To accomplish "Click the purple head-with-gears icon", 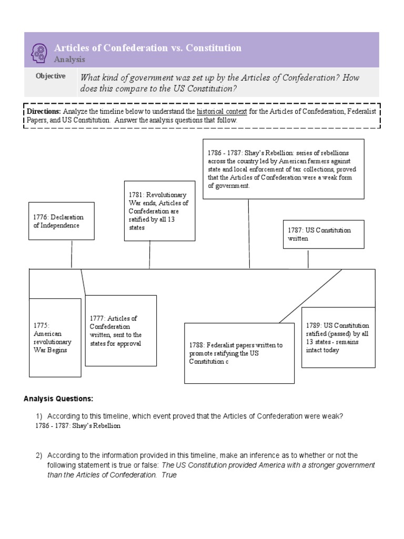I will [x=40, y=51].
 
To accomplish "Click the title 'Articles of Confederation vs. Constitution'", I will [x=148, y=48].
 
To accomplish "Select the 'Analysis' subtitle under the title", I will [x=69, y=59].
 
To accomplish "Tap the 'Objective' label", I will [x=50, y=76].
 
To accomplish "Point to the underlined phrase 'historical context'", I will [x=221, y=112].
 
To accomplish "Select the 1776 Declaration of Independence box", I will [x=62, y=221].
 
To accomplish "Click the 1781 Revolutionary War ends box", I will [x=152, y=211].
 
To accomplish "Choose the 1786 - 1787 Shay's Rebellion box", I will [x=283, y=169].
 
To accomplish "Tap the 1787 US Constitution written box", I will [x=323, y=234].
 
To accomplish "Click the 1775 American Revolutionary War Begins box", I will [x=55, y=337].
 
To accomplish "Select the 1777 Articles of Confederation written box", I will [x=120, y=331].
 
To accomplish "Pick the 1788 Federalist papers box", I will [x=239, y=353].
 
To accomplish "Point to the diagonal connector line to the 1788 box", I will [x=310, y=296].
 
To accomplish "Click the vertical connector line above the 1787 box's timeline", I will [x=308, y=259].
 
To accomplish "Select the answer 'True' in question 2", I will [x=169, y=475].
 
